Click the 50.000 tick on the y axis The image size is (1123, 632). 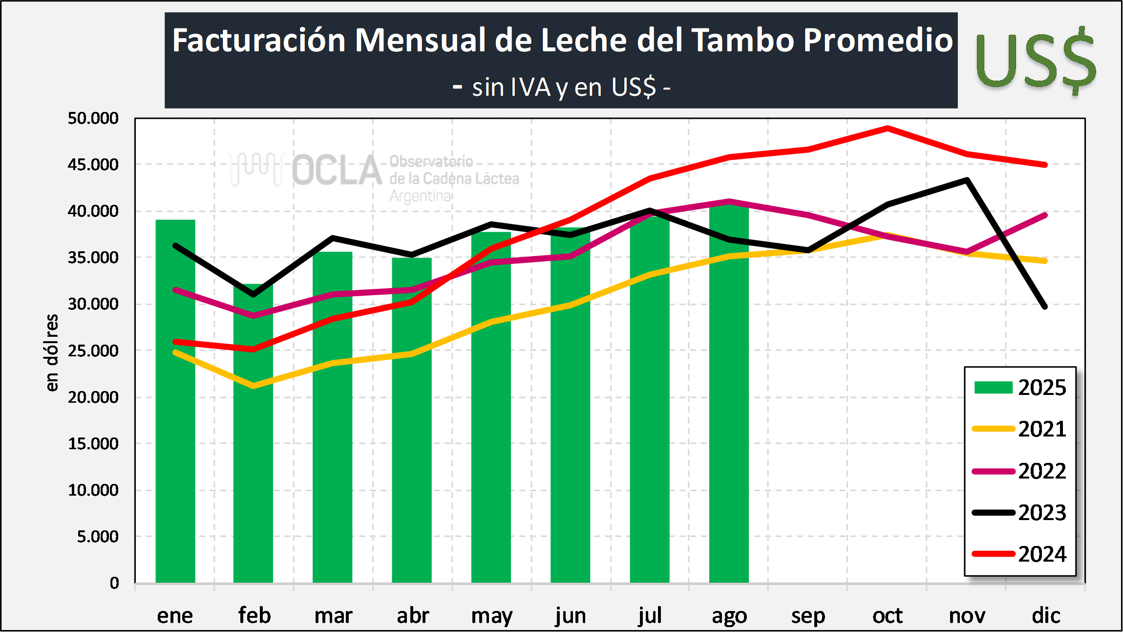click(x=93, y=118)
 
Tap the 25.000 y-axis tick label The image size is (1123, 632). click(x=93, y=351)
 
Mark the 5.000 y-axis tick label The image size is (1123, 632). click(x=98, y=537)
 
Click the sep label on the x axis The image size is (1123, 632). click(x=808, y=616)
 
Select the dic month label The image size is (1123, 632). click(x=1046, y=616)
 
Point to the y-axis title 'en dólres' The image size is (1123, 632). click(x=51, y=352)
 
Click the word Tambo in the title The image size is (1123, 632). click(x=743, y=40)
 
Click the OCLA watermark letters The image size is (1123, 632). click(x=337, y=171)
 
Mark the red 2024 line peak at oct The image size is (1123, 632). click(x=888, y=128)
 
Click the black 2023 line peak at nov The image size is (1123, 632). click(x=967, y=180)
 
